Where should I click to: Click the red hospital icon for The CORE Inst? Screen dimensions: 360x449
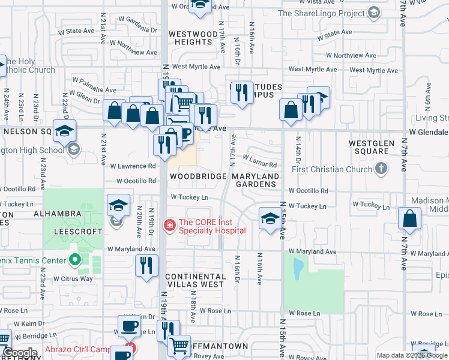pos(170,226)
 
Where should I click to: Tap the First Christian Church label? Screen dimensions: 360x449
pos(333,169)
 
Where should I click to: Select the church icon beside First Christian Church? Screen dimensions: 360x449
pos(382,169)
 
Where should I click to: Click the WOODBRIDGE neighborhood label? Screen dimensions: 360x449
pos(198,176)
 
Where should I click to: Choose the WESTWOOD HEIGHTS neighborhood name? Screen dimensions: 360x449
pos(193,38)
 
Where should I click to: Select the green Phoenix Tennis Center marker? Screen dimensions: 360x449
pos(75,260)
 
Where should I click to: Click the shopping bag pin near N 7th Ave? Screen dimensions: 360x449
pos(409,220)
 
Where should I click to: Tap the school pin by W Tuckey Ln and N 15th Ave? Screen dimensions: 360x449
pos(270,218)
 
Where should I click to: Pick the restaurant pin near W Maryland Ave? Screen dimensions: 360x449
pos(146,265)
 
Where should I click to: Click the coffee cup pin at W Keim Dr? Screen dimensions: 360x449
pos(129,326)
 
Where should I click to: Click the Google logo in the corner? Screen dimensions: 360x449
pos(20,353)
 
